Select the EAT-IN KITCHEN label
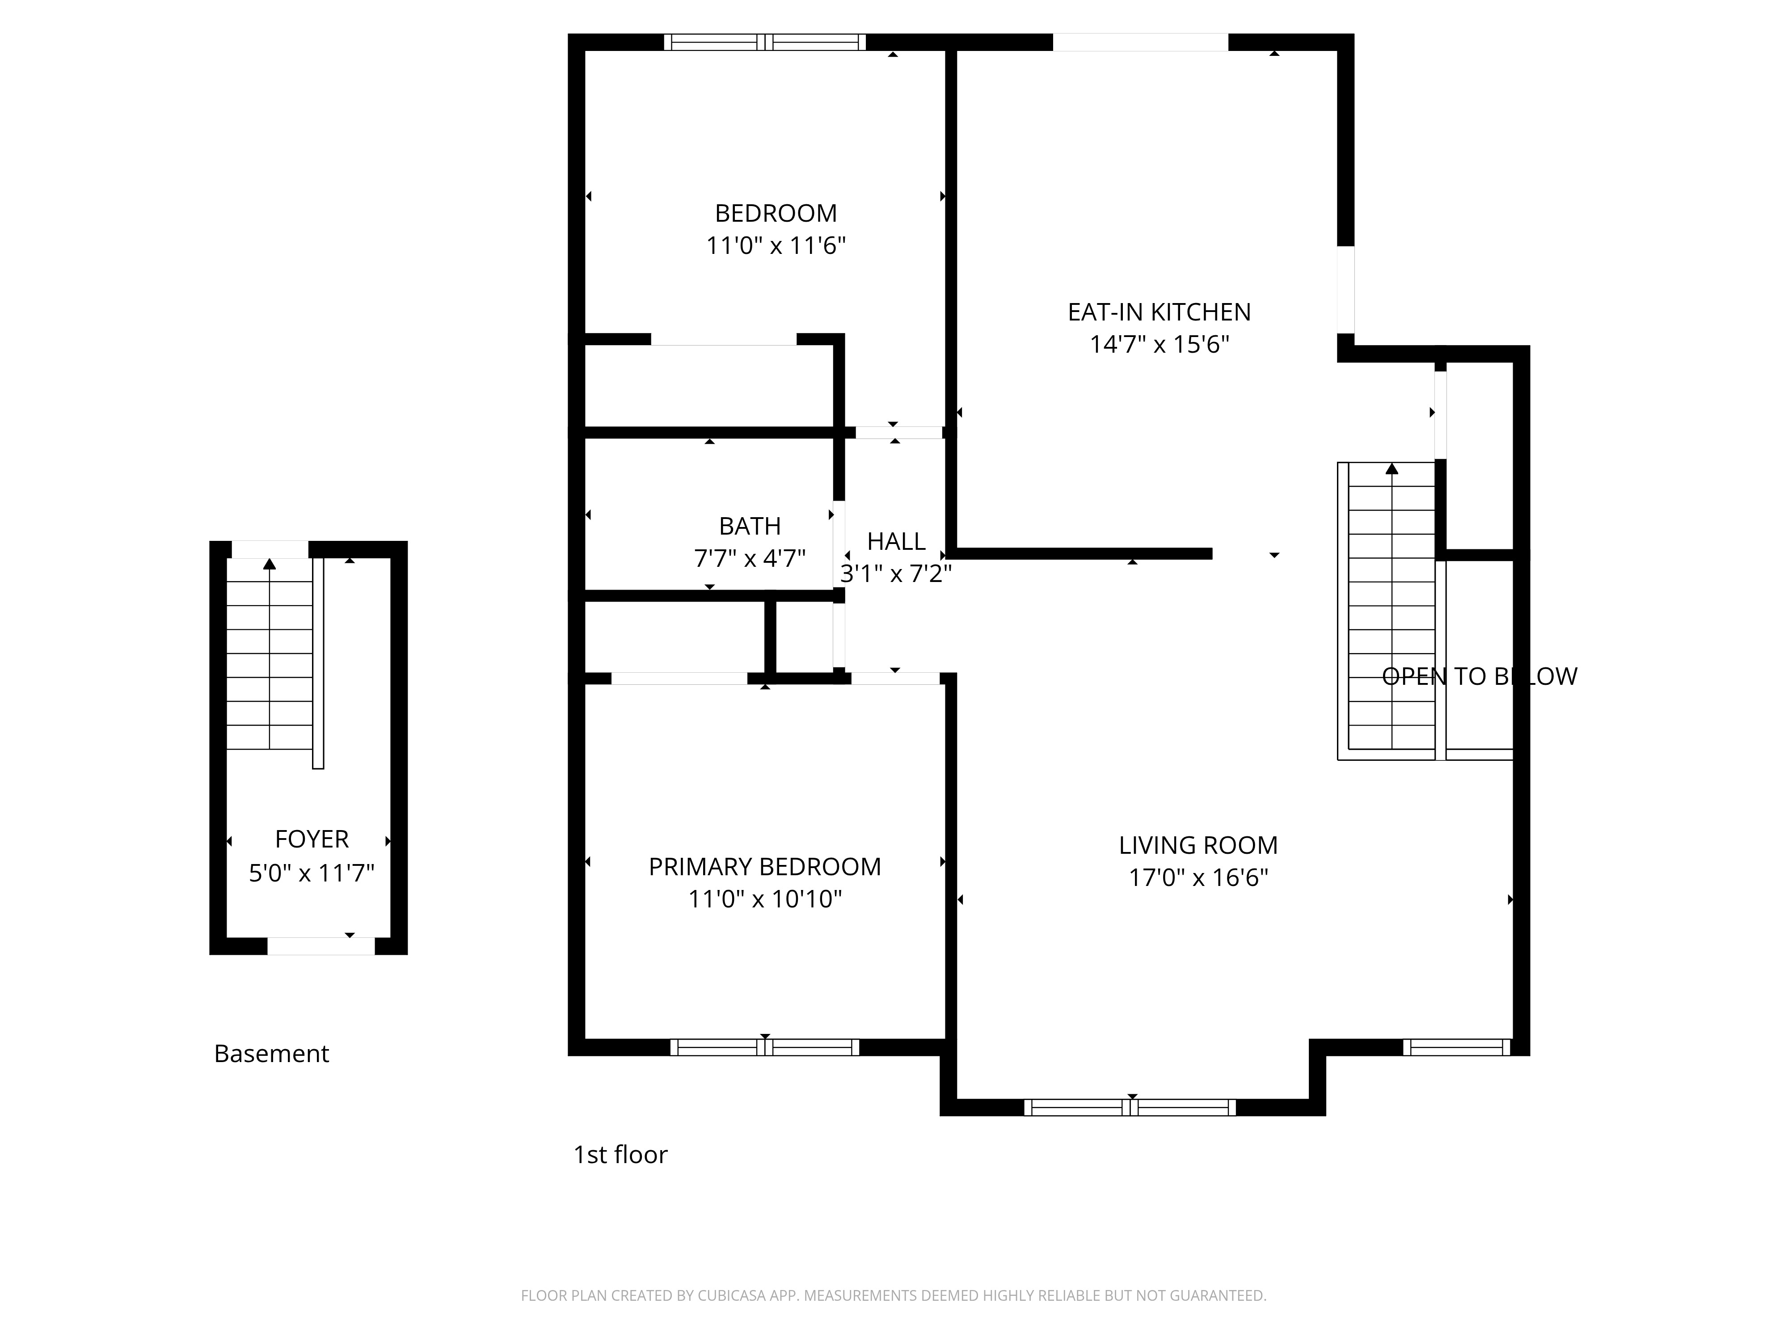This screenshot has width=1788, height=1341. pos(1159,312)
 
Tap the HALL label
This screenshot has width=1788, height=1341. pos(896,542)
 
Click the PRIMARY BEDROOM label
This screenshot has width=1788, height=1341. pos(765,867)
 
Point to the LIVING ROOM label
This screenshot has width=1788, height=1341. pos(1198,846)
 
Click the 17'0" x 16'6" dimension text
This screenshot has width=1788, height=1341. pos(1198,878)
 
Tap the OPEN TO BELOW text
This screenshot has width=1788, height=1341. pos(1479,677)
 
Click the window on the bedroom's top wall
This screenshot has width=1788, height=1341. pos(765,42)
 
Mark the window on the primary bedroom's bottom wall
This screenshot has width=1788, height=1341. pos(765,1048)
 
